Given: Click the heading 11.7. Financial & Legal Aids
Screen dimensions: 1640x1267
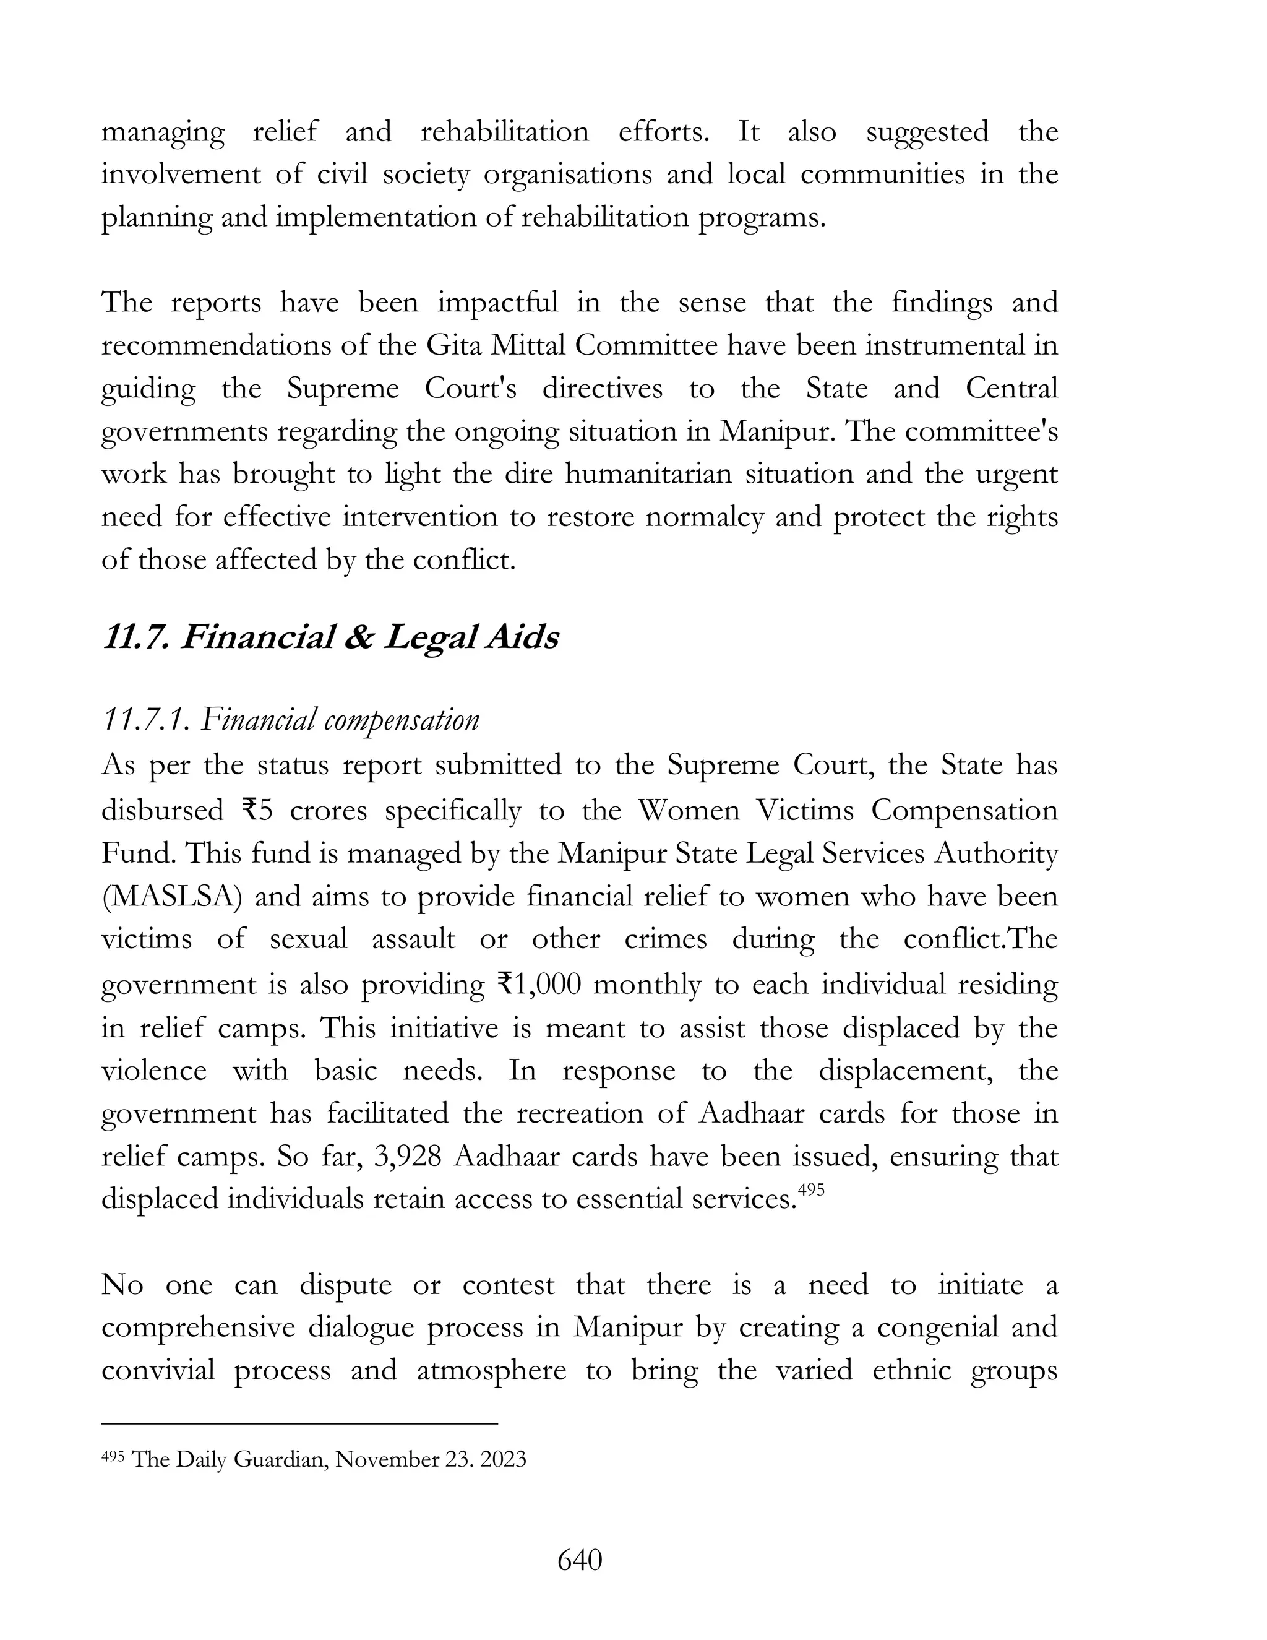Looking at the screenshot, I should point(330,638).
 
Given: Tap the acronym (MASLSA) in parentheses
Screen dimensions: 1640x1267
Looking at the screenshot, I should point(171,897).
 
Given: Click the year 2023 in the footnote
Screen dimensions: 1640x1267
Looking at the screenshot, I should point(502,1459).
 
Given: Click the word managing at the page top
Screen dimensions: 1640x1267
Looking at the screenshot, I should point(163,133).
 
